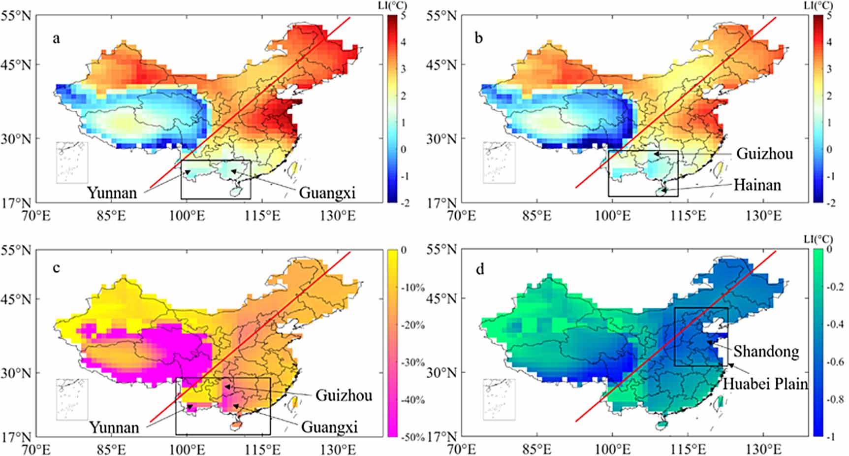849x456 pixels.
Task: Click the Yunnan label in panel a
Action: [112, 193]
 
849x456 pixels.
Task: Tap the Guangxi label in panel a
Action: [327, 193]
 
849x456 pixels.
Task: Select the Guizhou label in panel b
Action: [764, 154]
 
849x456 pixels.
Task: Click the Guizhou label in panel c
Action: [344, 395]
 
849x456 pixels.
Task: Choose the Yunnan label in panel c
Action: [114, 427]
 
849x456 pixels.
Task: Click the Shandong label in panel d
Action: [766, 351]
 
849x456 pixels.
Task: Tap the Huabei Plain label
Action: [765, 383]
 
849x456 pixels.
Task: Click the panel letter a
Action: [56, 38]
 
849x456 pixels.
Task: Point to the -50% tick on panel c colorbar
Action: [412, 437]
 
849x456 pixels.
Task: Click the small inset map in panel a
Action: [72, 163]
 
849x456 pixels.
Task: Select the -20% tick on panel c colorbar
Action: [412, 325]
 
